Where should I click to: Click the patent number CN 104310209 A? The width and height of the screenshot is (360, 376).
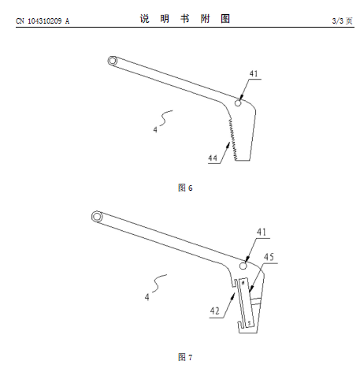click(43, 21)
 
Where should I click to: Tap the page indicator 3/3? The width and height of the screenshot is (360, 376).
click(338, 20)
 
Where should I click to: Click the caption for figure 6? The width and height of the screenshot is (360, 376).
click(185, 188)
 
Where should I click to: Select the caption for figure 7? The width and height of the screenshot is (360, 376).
click(185, 357)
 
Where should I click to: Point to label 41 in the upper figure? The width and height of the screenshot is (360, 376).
click(254, 73)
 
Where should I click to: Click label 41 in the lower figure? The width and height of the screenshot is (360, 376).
click(262, 232)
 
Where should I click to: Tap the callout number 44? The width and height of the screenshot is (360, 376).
click(213, 158)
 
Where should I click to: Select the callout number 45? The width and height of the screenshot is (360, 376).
click(269, 257)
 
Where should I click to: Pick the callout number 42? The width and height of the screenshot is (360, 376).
click(215, 311)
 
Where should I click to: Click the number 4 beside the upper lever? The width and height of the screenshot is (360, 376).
click(155, 129)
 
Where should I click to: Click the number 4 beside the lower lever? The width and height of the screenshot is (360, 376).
click(147, 297)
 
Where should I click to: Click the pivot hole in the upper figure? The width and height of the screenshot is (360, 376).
click(238, 103)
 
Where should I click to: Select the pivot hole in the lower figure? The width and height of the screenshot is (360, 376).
click(243, 266)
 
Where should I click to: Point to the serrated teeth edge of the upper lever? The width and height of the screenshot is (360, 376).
click(233, 140)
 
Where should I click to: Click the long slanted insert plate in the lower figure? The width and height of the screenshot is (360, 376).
click(246, 303)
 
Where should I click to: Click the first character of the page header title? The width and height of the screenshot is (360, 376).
click(145, 19)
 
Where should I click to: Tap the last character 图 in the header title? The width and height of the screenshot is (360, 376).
click(225, 19)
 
